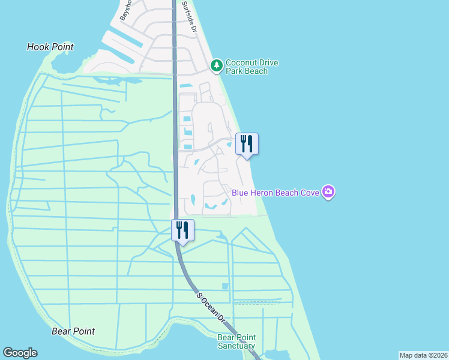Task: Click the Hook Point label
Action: (x=50, y=47)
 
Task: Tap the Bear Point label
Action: (x=73, y=331)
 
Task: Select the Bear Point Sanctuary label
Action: (x=236, y=341)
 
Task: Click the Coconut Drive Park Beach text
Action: (x=252, y=67)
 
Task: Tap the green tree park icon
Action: (x=217, y=64)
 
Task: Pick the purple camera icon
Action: (x=328, y=192)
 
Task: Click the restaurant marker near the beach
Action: (x=246, y=144)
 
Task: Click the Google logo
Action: (x=20, y=353)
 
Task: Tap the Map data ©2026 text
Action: (x=423, y=355)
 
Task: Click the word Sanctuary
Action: (x=236, y=346)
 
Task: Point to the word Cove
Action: (x=309, y=193)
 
